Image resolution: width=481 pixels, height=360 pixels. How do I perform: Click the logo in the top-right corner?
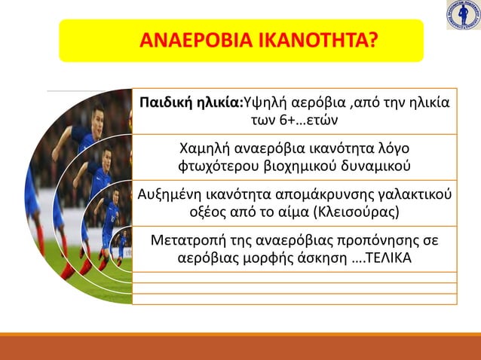[462, 14]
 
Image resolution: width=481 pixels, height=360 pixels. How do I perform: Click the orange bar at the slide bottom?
[240, 347]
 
